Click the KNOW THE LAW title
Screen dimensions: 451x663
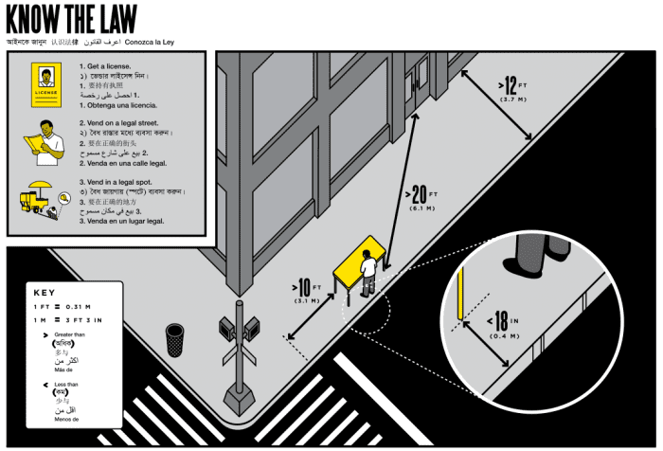click(71, 19)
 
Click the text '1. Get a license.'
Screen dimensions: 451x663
click(112, 66)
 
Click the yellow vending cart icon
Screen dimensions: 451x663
click(41, 199)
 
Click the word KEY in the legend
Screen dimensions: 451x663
click(46, 292)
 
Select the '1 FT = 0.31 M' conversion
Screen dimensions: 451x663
click(70, 308)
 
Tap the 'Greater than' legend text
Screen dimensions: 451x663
click(69, 335)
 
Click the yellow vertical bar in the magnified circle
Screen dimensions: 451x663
click(461, 293)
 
